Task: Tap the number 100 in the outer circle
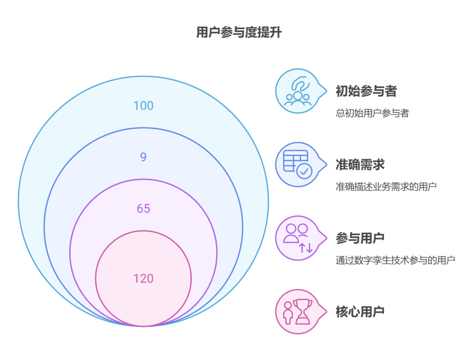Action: pyautogui.click(x=143, y=106)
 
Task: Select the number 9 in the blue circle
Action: pyautogui.click(x=143, y=157)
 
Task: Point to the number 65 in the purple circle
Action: pyautogui.click(x=143, y=209)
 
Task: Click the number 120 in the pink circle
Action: pyautogui.click(x=143, y=278)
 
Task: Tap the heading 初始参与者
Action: pyautogui.click(x=366, y=91)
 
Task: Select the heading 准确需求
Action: pyautogui.click(x=360, y=165)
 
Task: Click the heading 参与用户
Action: pyautogui.click(x=360, y=238)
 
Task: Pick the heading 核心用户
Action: pyautogui.click(x=360, y=311)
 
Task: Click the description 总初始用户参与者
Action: pyautogui.click(x=372, y=113)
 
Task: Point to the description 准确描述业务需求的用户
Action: pyautogui.click(x=386, y=186)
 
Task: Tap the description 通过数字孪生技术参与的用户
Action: pyautogui.click(x=395, y=260)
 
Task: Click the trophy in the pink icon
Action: pyautogui.click(x=302, y=311)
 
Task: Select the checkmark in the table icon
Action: pyautogui.click(x=304, y=171)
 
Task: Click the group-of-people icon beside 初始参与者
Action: pyautogui.click(x=298, y=98)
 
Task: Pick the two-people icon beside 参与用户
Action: pyautogui.click(x=295, y=233)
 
